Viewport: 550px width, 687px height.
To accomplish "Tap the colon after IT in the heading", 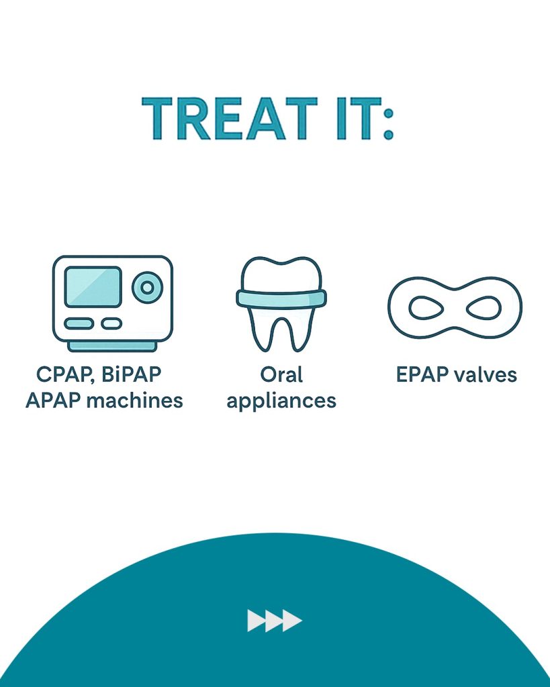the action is pos(388,123).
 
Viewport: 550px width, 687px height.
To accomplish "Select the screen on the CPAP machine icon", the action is pos(93,287).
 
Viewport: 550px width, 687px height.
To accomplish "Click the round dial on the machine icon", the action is pos(147,287).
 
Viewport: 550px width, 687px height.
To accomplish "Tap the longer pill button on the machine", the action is pos(79,324).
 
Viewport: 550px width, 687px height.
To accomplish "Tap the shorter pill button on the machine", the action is pos(111,324).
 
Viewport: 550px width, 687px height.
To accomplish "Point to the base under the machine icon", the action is pos(112,347).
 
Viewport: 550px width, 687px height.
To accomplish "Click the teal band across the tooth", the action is pos(281,299).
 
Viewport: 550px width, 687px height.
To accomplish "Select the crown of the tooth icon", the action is pos(281,274).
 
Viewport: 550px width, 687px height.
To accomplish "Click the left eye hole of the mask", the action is pos(426,308).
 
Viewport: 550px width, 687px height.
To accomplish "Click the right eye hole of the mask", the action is pos(484,308).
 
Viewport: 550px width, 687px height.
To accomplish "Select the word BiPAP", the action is pos(131,374).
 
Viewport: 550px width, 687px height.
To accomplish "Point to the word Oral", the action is pos(281,374).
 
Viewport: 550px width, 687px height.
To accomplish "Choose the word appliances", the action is pos(281,402).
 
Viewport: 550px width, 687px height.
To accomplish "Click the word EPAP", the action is pos(422,374).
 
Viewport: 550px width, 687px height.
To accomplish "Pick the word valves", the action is pos(486,374).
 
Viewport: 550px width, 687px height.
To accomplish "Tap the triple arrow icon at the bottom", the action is pos(275,621).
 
